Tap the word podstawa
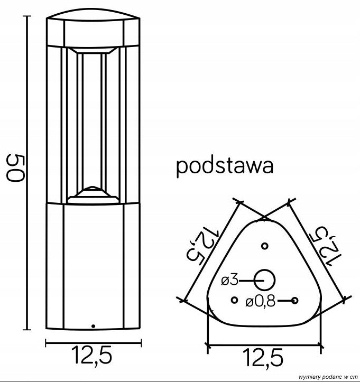tap(224, 166)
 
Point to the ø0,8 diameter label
tap(260, 302)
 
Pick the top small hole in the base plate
tap(264, 246)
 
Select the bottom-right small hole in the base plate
tap(296, 301)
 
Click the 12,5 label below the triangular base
tap(264, 359)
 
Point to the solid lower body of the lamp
tap(94, 264)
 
